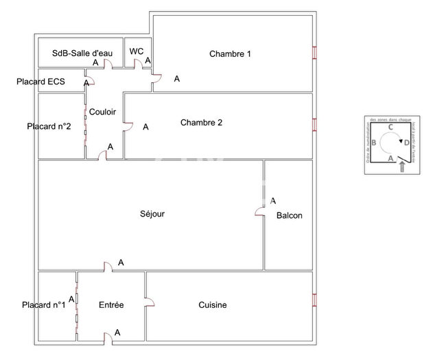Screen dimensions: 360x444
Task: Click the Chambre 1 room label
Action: pyautogui.click(x=231, y=54)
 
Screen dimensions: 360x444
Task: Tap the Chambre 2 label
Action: pyautogui.click(x=201, y=123)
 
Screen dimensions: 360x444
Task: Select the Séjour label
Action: pyautogui.click(x=152, y=214)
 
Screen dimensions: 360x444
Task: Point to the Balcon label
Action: pyautogui.click(x=289, y=216)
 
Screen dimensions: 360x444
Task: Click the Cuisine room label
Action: pyautogui.click(x=213, y=305)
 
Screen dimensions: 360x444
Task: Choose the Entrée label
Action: pyautogui.click(x=111, y=305)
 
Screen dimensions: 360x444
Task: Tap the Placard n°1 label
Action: pyautogui.click(x=43, y=305)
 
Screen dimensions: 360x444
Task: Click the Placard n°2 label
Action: pyautogui.click(x=49, y=126)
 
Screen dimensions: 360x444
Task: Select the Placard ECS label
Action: pyautogui.click(x=41, y=82)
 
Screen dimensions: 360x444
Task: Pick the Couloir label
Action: pyautogui.click(x=102, y=112)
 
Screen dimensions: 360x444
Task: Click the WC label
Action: pyautogui.click(x=136, y=51)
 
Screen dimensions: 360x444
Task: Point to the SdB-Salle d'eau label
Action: pyautogui.click(x=79, y=53)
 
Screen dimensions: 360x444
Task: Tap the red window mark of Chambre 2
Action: pyautogui.click(x=314, y=124)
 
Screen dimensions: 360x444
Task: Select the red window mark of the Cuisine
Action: pyautogui.click(x=314, y=300)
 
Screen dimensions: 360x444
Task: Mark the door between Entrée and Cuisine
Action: pyautogui.click(x=148, y=302)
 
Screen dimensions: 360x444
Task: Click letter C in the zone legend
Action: pyautogui.click(x=390, y=128)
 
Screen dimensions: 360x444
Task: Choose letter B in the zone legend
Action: pyautogui.click(x=373, y=143)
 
